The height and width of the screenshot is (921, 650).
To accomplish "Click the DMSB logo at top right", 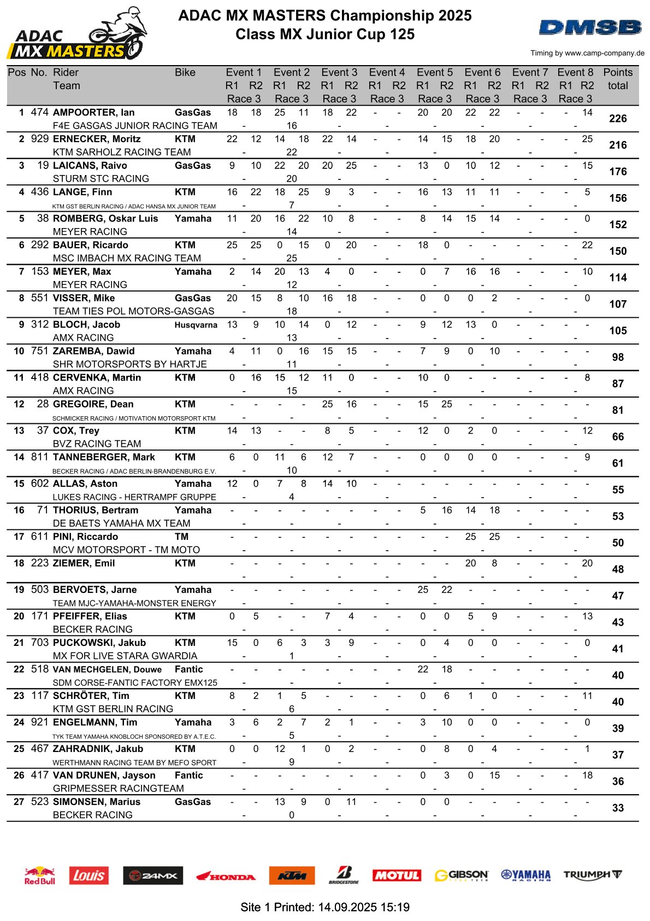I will (x=590, y=27).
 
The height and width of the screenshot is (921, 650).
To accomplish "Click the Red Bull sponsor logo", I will (x=39, y=875).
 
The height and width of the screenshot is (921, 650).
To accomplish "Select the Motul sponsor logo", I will (x=397, y=875).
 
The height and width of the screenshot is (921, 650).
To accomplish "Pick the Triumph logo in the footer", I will (x=593, y=875).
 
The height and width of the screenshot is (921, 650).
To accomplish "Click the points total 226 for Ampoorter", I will (x=618, y=119).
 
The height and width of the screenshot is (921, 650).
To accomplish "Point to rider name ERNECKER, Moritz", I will (x=97, y=139).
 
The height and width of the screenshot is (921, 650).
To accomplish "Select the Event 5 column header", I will (x=435, y=73).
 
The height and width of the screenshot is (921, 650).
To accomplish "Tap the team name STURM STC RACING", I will (x=101, y=179).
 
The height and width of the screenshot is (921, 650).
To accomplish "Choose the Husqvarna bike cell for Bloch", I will (x=196, y=325).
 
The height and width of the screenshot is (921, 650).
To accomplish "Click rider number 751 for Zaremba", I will (x=40, y=351).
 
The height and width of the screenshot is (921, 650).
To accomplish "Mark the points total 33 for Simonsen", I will (x=618, y=808).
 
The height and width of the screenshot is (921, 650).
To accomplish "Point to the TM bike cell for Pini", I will (x=182, y=537).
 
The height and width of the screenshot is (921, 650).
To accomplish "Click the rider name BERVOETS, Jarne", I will (x=95, y=590).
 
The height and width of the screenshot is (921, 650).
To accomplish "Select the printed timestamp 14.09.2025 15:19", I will (x=364, y=907).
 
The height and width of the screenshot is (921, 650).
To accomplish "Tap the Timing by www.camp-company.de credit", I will (x=587, y=53).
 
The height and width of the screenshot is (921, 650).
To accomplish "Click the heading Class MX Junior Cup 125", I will (x=325, y=34).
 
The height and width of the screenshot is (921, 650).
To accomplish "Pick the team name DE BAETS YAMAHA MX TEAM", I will (x=122, y=523).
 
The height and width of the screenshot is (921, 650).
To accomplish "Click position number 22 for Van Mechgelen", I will (x=19, y=669).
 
